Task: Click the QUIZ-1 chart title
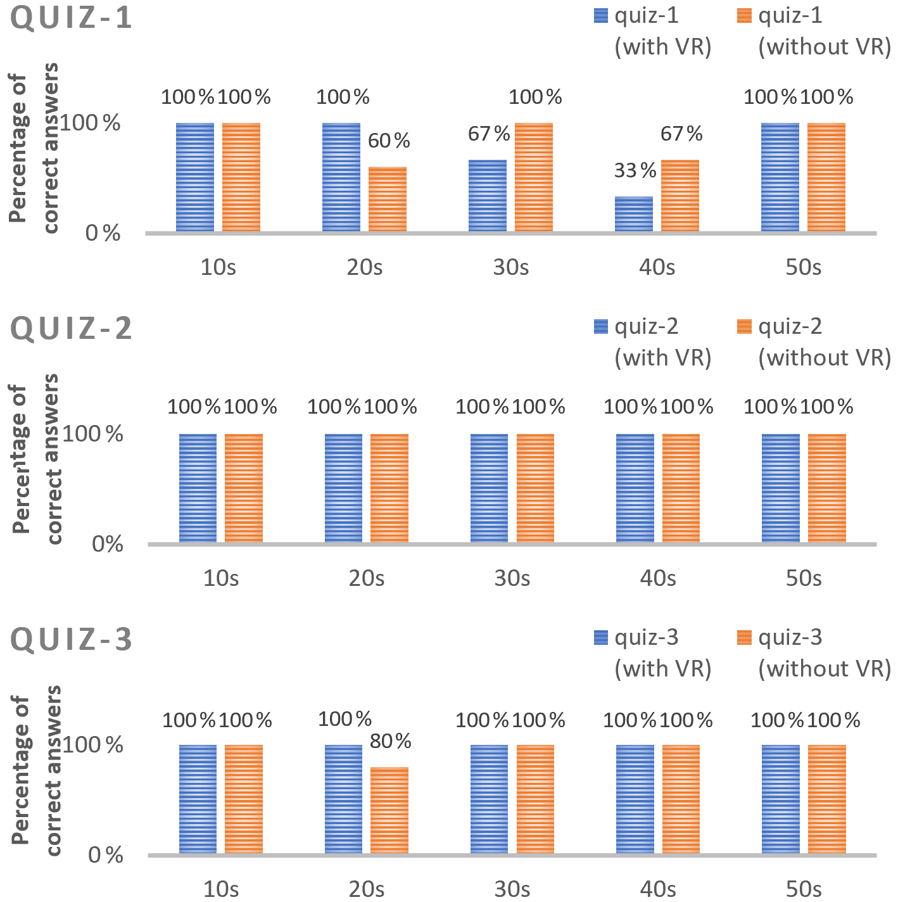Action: pos(72,17)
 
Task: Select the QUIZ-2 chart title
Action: pos(72,328)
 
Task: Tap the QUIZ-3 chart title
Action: pos(72,639)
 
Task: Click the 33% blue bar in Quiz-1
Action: pos(634,215)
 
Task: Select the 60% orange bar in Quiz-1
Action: pos(388,200)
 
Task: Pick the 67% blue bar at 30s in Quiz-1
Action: pos(488,196)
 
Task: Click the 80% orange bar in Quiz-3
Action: pos(389,810)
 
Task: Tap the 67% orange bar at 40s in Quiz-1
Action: pos(680,196)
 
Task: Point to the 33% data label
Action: pos(635,170)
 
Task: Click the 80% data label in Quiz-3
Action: pos(390,740)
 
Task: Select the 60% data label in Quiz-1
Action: pos(389,141)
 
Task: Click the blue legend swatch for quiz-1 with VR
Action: pos(601,16)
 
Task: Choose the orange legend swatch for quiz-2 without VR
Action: pos(745,327)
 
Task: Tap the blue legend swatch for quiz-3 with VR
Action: pos(601,637)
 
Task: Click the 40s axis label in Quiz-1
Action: pos(657,267)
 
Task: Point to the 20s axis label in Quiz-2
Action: pos(367,578)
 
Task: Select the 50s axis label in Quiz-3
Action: pos(804,889)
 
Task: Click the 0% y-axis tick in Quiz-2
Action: pos(107,544)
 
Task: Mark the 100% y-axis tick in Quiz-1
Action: pos(90,123)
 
